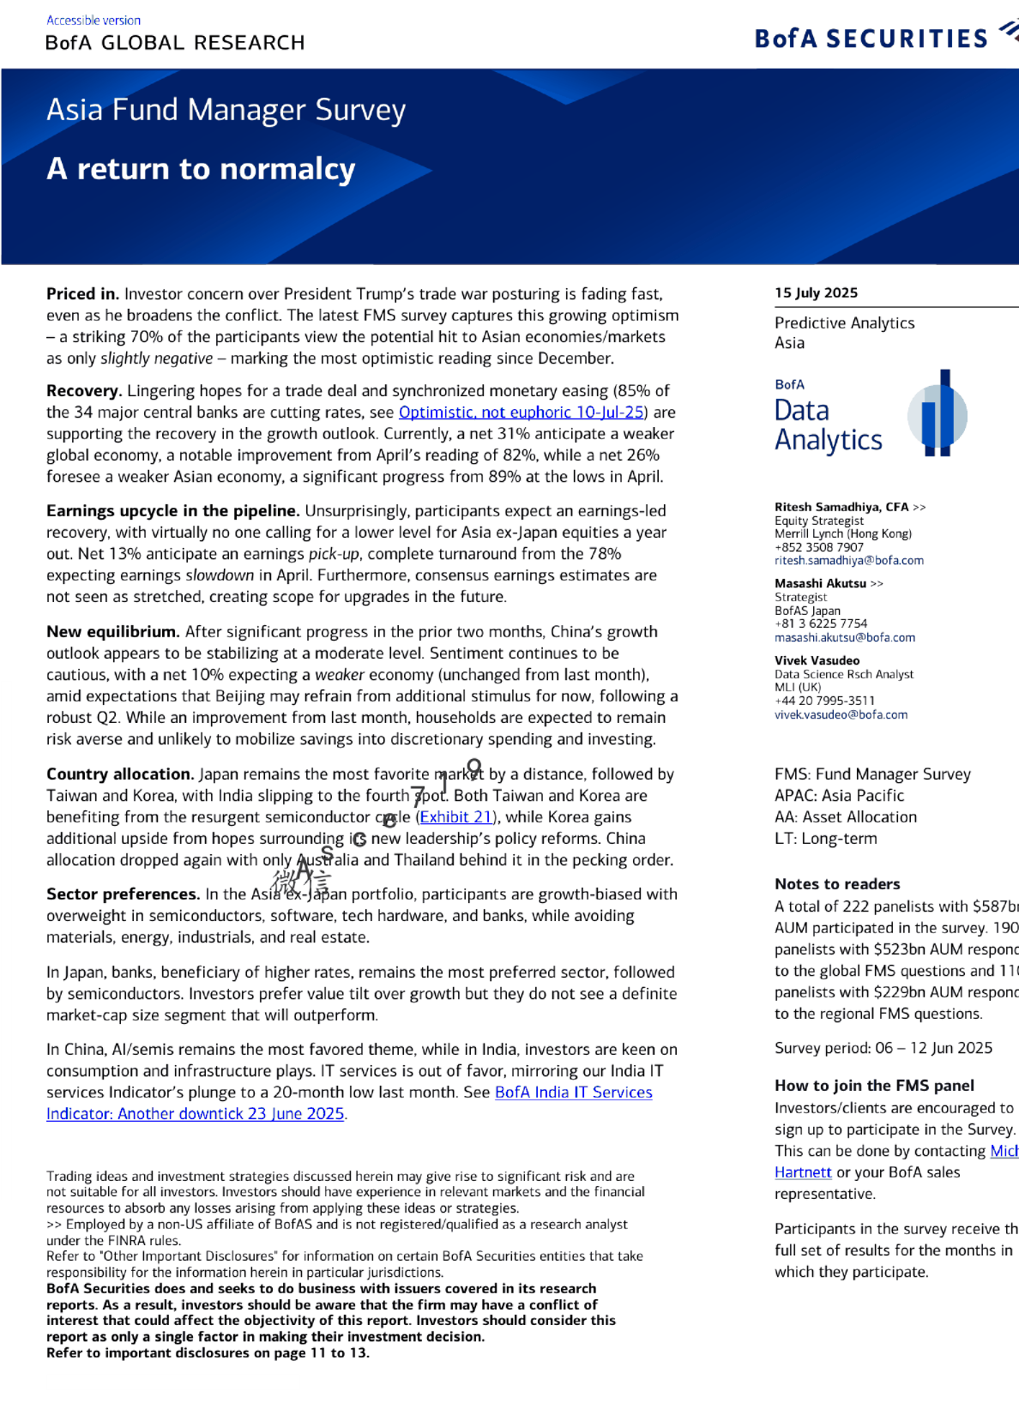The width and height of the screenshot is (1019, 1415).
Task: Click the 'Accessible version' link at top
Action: [x=93, y=21]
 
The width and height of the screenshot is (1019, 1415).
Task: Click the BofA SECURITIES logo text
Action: [x=871, y=39]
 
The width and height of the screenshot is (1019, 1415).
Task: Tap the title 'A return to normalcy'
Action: [x=201, y=169]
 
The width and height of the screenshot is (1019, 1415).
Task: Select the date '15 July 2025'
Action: [x=816, y=292]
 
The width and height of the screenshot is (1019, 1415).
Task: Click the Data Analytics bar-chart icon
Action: [x=938, y=414]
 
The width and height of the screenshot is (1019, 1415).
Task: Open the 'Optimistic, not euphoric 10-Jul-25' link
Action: [x=522, y=412]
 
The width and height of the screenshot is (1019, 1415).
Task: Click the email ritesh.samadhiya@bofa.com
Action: [x=848, y=561]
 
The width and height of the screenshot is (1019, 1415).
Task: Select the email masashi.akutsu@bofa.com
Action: [x=844, y=638]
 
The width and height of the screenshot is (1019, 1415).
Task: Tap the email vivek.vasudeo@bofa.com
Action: [x=841, y=715]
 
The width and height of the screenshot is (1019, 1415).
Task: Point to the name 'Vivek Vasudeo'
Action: [x=817, y=660]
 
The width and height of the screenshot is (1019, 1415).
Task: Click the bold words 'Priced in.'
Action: [x=82, y=294]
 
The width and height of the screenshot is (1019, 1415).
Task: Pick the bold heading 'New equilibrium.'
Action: [x=112, y=632]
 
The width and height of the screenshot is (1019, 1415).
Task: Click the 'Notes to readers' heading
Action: [x=837, y=884]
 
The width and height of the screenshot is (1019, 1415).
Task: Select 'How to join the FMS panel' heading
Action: [x=874, y=1086]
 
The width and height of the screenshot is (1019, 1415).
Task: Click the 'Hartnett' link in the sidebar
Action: [x=803, y=1172]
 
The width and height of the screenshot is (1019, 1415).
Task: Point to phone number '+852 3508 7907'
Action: [x=818, y=547]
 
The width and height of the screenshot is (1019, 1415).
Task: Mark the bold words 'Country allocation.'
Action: [x=119, y=774]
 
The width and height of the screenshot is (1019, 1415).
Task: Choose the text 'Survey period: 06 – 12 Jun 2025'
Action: [x=883, y=1048]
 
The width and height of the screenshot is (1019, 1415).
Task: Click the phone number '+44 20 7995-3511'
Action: [x=824, y=701]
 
